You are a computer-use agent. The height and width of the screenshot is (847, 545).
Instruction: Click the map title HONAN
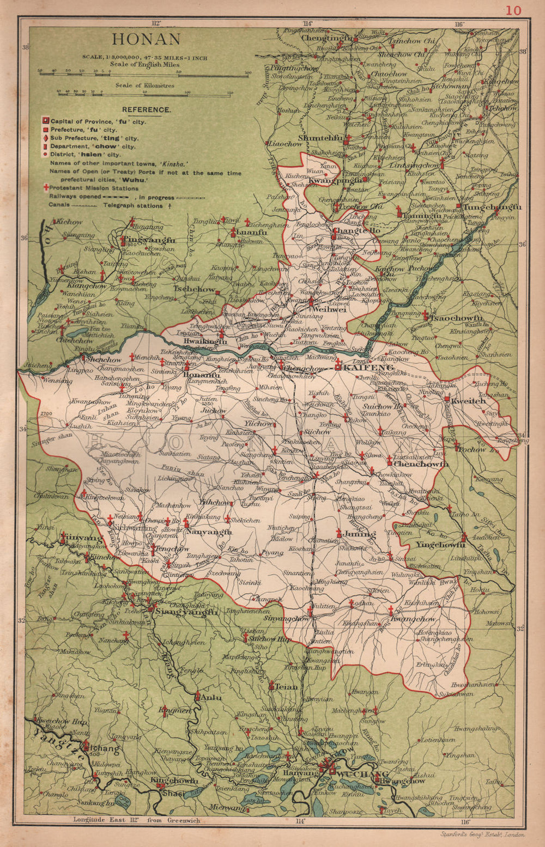tap(146, 40)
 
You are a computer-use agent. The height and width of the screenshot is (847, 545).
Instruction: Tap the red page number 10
tap(513, 10)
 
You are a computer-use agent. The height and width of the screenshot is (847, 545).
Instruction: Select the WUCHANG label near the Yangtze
tap(363, 774)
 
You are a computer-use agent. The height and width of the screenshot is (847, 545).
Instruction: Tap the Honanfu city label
tap(202, 375)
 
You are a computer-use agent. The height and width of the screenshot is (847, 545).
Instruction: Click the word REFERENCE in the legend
tap(146, 109)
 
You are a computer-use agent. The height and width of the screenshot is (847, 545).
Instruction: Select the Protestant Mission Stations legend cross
tap(46, 187)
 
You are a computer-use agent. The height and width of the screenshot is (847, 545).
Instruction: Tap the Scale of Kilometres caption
tap(144, 85)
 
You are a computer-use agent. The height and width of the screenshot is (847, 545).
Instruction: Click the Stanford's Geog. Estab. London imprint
tap(482, 834)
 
